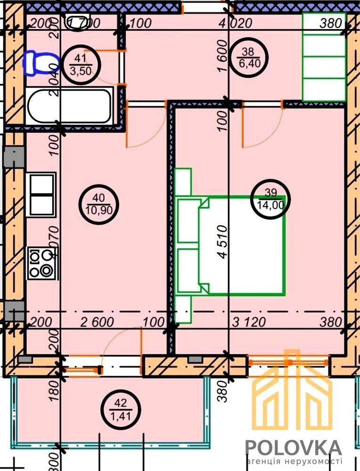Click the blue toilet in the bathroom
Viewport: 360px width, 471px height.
[41, 63]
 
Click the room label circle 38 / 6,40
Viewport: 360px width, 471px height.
[248, 58]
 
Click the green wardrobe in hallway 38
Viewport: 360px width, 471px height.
[324, 57]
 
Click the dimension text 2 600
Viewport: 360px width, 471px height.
[97, 323]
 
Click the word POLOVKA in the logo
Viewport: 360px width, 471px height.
[293, 447]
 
